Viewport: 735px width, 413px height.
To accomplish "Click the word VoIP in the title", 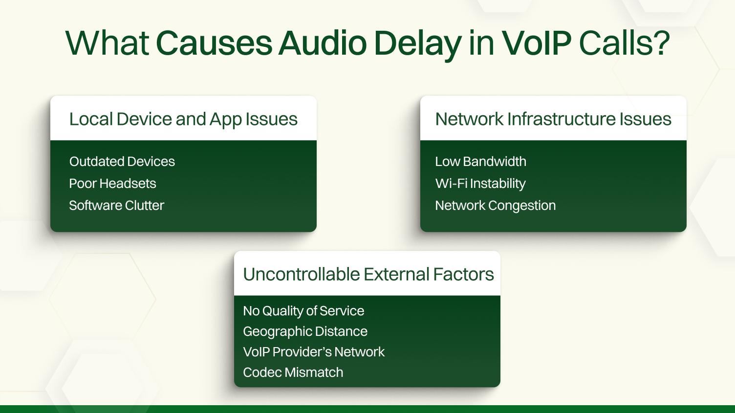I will pos(536,43).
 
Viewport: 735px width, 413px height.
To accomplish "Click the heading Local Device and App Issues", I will pos(183,119).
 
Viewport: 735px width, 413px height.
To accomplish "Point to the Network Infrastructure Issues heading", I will pos(553,119).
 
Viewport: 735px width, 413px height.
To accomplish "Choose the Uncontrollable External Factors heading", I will pos(368,274).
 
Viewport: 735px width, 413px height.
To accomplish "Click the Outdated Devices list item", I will pos(122,162).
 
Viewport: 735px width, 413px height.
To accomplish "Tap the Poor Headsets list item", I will pos(113,184).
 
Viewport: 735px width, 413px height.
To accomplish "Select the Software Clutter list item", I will pos(117,206).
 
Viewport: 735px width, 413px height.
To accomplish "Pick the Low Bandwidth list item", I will pos(481,162).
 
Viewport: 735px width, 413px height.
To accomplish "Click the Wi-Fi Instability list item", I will pos(480,184).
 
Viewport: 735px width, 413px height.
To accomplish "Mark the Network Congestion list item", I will pos(496,206).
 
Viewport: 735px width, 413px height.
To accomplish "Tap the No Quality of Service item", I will pos(303,311).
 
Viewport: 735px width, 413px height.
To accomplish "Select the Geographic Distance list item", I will pos(305,331).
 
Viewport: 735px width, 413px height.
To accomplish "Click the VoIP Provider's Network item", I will pos(314,352).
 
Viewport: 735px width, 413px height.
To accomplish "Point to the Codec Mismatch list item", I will pos(293,372).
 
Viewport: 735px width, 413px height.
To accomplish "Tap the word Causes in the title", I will pos(214,43).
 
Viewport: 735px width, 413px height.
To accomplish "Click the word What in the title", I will pos(107,43).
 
